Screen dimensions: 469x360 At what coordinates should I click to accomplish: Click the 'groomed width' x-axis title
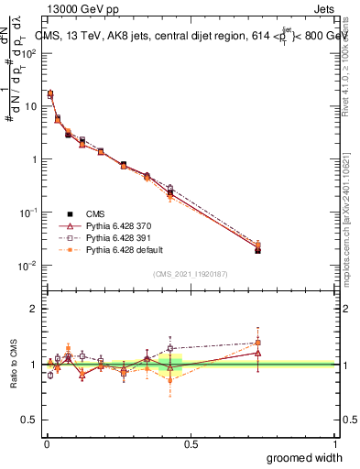(x=304, y=457)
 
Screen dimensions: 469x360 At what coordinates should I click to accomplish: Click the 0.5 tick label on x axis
(x=190, y=443)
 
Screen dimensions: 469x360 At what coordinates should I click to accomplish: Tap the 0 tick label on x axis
(x=46, y=443)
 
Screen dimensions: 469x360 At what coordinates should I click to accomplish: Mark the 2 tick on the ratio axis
(x=35, y=309)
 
